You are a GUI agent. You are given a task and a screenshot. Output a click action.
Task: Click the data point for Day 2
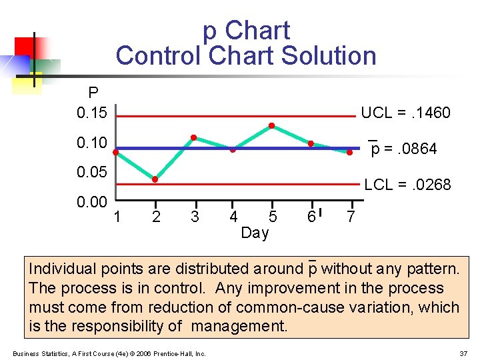coord(155,179)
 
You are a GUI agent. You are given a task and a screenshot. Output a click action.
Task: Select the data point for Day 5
coord(272,125)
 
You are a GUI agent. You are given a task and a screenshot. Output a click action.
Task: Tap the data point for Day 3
coord(193,137)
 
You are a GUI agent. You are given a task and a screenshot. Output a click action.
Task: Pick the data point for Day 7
coord(349,153)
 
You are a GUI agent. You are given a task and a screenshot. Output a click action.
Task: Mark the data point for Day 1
coord(116,152)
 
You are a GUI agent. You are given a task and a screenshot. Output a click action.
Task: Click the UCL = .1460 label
coord(405,113)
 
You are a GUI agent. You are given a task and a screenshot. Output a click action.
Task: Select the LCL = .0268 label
coord(407,184)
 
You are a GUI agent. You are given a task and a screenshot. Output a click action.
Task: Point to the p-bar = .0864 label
coord(404,149)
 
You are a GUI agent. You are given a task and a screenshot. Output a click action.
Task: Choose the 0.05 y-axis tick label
coord(91,173)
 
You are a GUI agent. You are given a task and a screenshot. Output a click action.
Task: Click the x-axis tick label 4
coord(233,217)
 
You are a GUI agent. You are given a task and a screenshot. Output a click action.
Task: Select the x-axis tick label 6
coord(311,217)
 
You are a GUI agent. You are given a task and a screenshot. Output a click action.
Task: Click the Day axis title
coord(255,233)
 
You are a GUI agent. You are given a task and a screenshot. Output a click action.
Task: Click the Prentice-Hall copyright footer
coord(109,353)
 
